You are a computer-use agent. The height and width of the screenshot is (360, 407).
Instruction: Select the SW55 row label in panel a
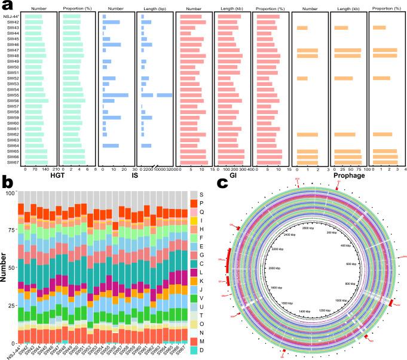tap(13, 95)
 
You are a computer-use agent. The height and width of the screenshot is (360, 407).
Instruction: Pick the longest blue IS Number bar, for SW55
tap(115, 95)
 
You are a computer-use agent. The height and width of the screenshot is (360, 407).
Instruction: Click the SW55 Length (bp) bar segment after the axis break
tap(164, 95)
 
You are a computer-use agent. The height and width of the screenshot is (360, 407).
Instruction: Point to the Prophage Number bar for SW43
tap(302, 27)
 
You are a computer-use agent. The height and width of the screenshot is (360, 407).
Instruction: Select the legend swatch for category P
tap(193, 204)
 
